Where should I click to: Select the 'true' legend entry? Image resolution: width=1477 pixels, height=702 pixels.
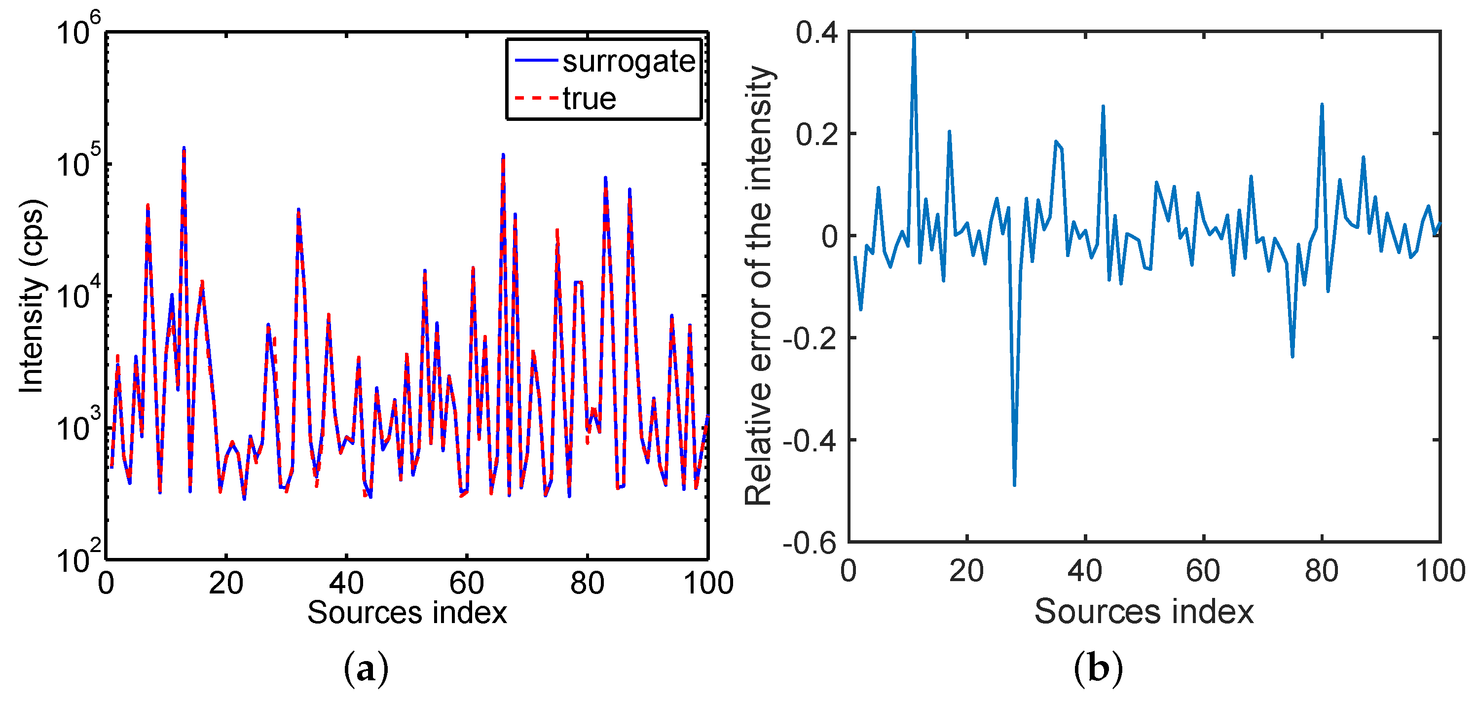point(589,99)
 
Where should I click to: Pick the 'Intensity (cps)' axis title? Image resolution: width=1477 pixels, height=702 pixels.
point(32,296)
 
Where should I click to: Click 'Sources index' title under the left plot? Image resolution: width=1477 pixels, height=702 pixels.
point(407,613)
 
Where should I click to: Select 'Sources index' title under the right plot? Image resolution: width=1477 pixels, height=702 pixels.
point(1144,611)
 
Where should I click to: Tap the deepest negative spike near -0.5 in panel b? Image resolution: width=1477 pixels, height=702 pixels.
point(1014,484)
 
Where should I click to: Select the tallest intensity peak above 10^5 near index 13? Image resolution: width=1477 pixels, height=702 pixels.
point(184,149)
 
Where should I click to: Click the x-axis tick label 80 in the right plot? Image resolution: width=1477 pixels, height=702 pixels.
point(1322,571)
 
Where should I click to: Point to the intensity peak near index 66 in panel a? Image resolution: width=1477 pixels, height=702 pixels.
point(503,156)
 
